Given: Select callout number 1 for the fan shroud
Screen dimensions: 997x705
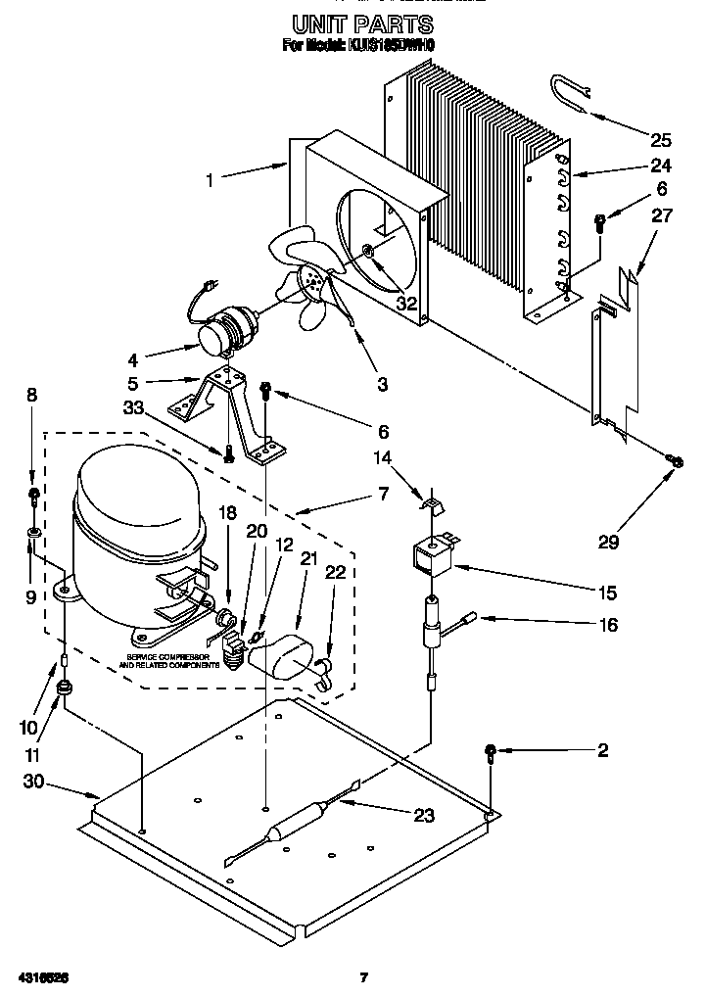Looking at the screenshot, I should click(209, 179).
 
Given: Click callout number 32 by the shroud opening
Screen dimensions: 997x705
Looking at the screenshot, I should click(406, 304).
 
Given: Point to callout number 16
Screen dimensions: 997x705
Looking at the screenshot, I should click(607, 625).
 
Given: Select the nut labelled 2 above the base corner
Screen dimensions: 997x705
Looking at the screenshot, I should click(490, 752).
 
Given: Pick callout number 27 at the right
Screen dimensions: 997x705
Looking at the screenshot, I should click(662, 216).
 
